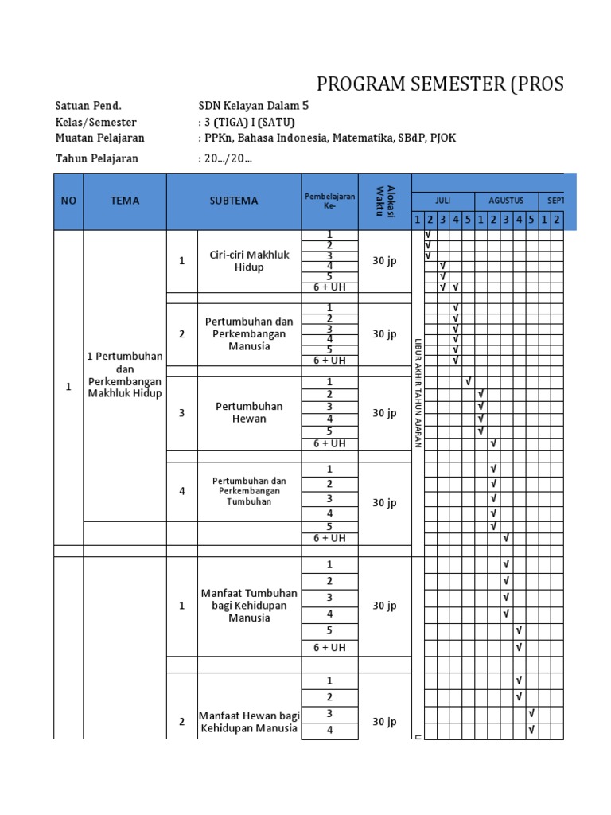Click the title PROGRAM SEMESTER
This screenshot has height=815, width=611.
click(x=440, y=84)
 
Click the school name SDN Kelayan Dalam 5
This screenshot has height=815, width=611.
click(x=252, y=106)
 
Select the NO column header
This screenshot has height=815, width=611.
click(x=68, y=201)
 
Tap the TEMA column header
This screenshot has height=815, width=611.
click(x=125, y=201)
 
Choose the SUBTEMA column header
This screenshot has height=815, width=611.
click(x=234, y=201)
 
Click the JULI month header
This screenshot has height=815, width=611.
click(x=442, y=201)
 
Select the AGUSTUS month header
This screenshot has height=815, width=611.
click(x=506, y=201)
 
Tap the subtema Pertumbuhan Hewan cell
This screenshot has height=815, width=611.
click(x=248, y=412)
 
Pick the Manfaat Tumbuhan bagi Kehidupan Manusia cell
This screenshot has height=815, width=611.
click(x=248, y=606)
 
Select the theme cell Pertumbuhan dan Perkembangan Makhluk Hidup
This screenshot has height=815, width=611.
click(x=125, y=374)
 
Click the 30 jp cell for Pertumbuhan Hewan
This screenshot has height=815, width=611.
click(x=384, y=413)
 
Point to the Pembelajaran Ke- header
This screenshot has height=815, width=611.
click(x=329, y=200)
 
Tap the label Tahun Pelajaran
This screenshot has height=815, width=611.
click(x=96, y=158)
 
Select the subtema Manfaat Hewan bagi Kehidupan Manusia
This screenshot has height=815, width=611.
click(x=248, y=722)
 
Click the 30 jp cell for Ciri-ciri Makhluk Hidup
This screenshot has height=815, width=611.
click(x=384, y=260)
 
